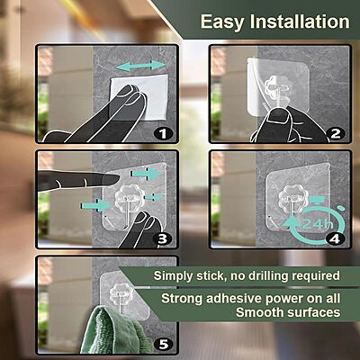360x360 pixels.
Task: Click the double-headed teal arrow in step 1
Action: click(x=141, y=67)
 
